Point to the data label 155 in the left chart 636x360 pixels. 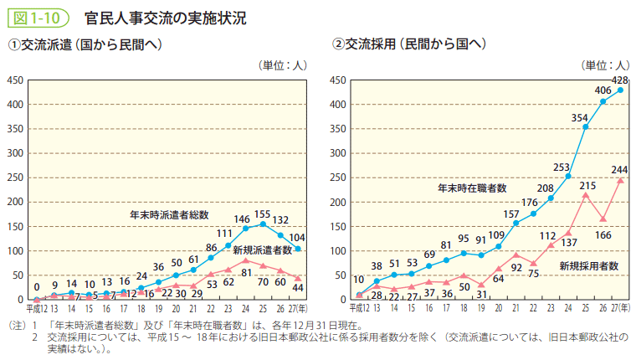click(x=264, y=213)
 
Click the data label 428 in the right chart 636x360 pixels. click(x=619, y=80)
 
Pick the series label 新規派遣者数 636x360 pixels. click(x=262, y=249)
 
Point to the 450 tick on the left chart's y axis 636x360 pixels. click(x=14, y=80)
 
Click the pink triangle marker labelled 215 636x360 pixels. click(x=586, y=195)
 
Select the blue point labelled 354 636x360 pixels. click(x=586, y=127)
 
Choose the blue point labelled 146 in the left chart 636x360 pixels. click(x=246, y=228)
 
